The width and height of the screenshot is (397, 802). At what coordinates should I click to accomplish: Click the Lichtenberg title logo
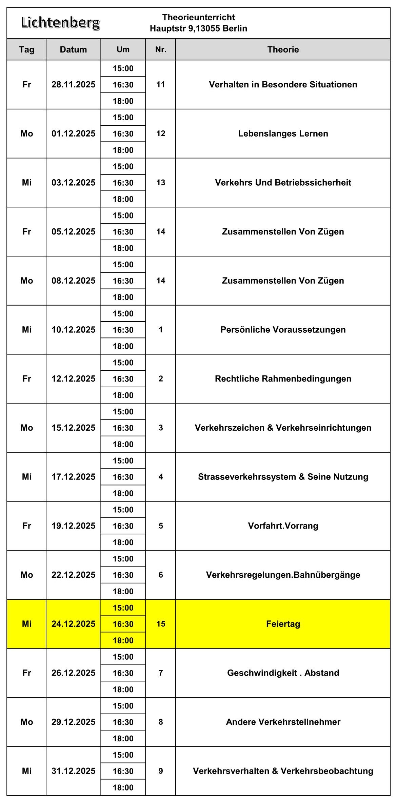[60, 23]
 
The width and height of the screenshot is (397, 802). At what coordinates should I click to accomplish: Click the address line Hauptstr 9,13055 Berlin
[198, 28]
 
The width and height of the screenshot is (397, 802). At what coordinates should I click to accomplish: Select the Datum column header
[73, 49]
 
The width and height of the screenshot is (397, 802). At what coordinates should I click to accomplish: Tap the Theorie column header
[283, 49]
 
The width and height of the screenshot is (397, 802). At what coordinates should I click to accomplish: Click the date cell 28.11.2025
[73, 85]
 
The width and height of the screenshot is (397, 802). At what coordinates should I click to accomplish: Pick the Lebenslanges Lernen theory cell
[283, 133]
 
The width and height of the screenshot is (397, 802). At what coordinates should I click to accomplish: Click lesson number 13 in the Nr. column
[161, 183]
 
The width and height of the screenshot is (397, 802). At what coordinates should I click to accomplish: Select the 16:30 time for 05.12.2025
[123, 232]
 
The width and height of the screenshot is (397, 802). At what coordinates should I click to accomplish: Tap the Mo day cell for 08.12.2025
[26, 281]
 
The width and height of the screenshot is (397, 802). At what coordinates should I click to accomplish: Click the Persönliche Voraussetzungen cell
[283, 330]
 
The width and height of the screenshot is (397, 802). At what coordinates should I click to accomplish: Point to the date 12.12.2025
[73, 379]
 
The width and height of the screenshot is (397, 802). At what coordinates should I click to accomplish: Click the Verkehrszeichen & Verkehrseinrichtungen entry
[283, 428]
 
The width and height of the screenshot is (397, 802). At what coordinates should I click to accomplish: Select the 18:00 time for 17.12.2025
[123, 493]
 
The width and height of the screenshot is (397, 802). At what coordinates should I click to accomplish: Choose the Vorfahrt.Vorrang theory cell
[283, 526]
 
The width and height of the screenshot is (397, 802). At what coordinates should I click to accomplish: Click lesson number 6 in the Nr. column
[161, 575]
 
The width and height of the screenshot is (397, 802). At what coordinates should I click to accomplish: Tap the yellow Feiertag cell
[283, 624]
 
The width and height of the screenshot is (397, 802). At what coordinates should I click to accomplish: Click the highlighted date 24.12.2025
[73, 624]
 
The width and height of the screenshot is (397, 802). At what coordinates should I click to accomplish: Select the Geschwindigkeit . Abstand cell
[283, 673]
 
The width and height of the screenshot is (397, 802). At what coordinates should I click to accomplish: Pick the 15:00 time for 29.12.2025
[123, 706]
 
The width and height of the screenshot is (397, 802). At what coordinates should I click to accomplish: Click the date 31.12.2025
[73, 771]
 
